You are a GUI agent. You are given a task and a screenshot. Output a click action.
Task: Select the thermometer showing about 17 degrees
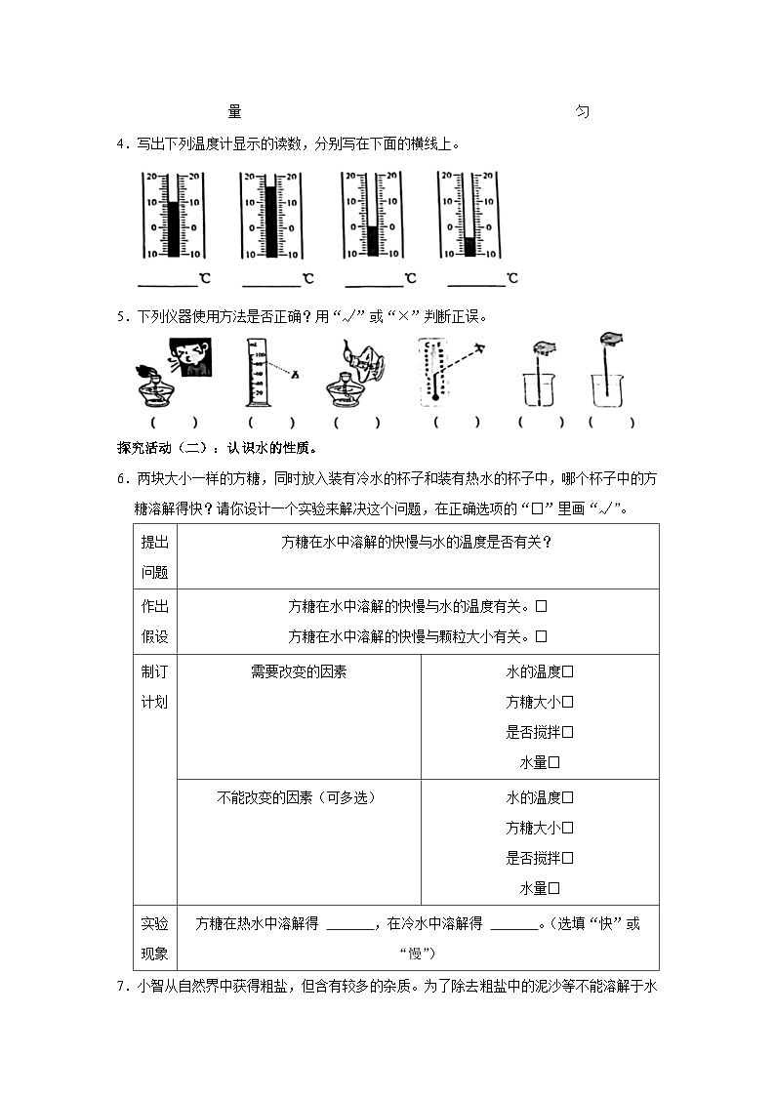click(x=269, y=215)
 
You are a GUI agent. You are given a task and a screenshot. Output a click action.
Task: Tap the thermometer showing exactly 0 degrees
click(x=371, y=215)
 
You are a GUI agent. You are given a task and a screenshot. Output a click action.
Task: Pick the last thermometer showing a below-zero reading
click(x=469, y=215)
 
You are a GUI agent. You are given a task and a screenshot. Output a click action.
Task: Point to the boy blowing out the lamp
click(x=191, y=359)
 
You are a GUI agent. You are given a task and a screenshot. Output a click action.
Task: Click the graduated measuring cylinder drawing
click(x=255, y=371)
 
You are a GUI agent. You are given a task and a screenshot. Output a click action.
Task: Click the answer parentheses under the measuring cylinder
click(x=271, y=423)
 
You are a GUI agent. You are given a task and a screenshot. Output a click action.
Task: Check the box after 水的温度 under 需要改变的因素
click(x=568, y=671)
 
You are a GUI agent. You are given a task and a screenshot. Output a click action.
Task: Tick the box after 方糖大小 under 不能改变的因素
click(x=568, y=828)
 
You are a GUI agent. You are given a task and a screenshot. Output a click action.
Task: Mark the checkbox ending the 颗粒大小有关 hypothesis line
click(x=542, y=636)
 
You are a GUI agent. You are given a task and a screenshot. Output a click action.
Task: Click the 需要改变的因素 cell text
click(x=299, y=671)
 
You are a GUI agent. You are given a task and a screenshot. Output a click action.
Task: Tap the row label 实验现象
click(x=154, y=938)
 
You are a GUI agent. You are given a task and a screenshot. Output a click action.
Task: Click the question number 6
click(x=121, y=478)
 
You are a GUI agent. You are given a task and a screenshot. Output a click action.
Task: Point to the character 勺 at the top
click(x=582, y=112)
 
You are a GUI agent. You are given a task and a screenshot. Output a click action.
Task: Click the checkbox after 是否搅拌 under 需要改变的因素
click(x=568, y=732)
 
